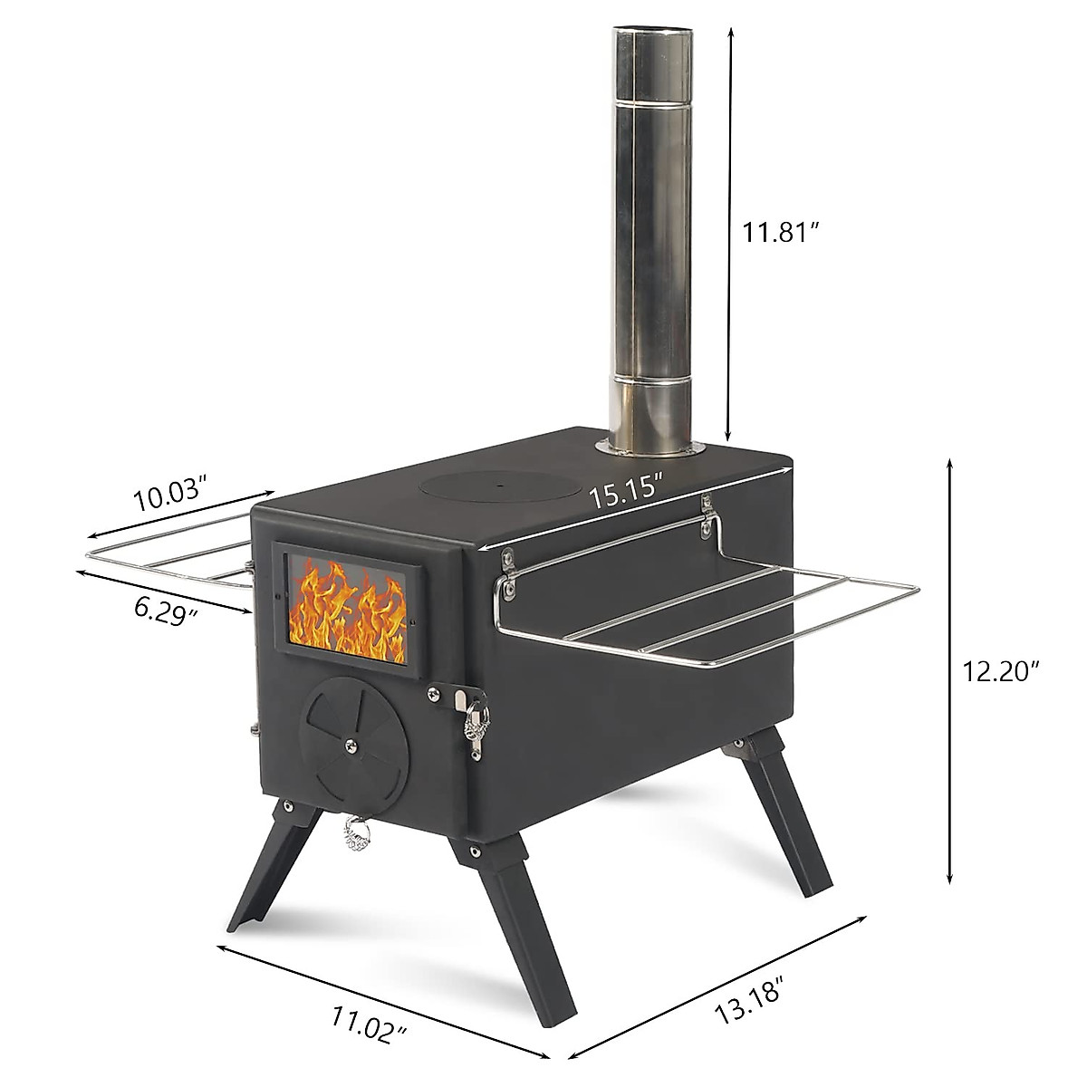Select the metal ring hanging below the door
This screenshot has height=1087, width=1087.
point(356,833)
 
